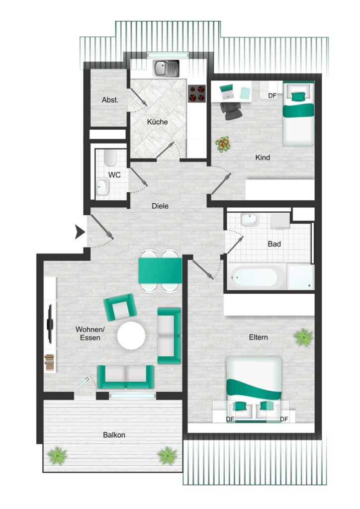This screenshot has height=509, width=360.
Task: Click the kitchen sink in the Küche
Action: (166, 69)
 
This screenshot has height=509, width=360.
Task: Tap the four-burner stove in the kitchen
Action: (197, 93)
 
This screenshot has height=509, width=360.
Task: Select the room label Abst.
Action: (110, 100)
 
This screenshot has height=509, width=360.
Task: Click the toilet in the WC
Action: (110, 157)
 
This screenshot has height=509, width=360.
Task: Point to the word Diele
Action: (160, 206)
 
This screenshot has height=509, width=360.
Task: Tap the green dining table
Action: (160, 270)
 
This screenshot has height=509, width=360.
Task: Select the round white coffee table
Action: (131, 336)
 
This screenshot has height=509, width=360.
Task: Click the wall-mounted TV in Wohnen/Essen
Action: (50, 324)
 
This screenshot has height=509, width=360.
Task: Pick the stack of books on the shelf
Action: (49, 363)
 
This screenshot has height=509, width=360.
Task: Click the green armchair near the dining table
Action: (119, 307)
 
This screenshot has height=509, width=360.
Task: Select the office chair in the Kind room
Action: (232, 110)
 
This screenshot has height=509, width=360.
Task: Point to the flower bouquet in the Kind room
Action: (223, 144)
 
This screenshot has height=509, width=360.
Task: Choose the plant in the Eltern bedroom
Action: (303, 337)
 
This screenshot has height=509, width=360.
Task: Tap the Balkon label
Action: (114, 434)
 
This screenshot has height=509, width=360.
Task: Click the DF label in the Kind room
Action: (272, 96)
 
